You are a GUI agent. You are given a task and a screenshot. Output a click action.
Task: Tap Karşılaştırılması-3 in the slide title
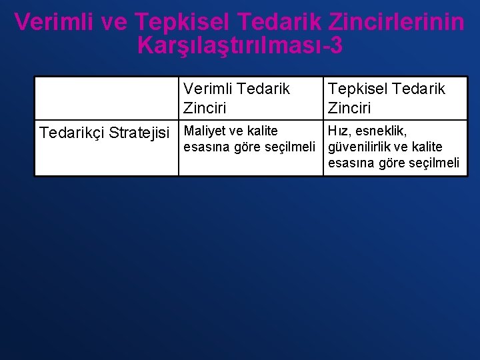(240, 45)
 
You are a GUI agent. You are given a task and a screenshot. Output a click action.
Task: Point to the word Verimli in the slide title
(51, 22)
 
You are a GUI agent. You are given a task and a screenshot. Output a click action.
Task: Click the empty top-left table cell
(107, 98)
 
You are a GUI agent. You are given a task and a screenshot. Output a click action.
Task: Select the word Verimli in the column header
(207, 89)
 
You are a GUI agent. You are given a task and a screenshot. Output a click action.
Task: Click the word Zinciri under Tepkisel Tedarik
(349, 107)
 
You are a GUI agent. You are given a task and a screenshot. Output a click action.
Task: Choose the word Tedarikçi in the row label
(72, 133)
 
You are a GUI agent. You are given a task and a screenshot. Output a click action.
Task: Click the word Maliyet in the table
(205, 131)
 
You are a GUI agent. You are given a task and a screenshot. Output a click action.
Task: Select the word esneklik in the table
(383, 131)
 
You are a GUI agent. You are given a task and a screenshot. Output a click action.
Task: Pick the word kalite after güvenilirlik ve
(427, 147)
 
